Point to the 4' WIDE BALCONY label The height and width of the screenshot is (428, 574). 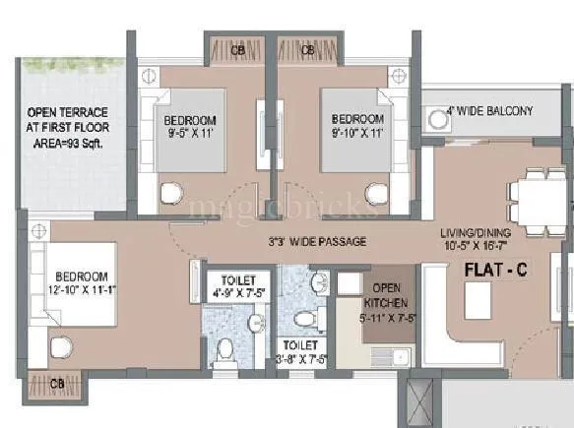coord(488,111)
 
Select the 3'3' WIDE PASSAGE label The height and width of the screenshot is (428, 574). coord(317,241)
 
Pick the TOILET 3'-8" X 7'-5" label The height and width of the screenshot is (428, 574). coord(300,352)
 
